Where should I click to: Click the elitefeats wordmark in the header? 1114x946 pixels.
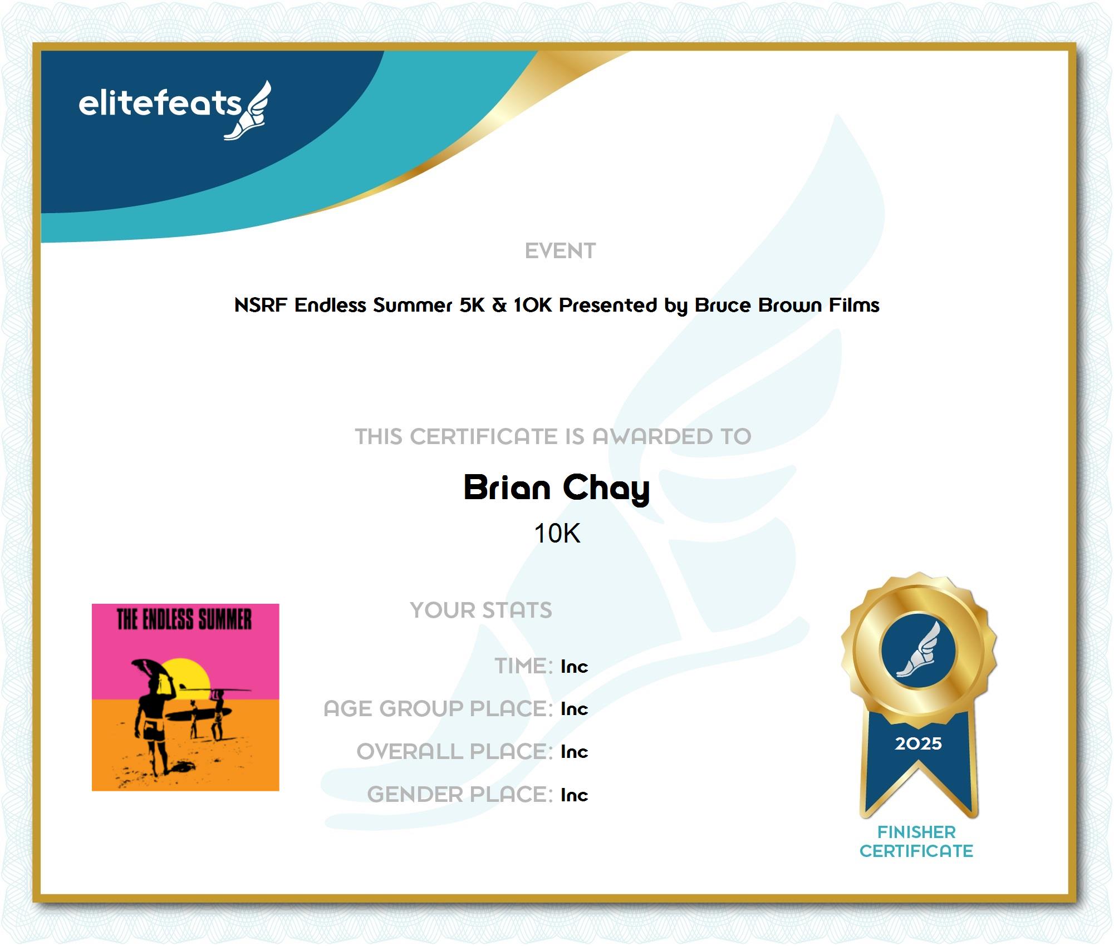tap(160, 104)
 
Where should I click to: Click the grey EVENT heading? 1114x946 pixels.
tap(560, 251)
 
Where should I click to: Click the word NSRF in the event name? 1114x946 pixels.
tap(261, 305)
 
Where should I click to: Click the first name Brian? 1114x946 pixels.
tap(507, 487)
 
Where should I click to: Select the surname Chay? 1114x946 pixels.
tap(606, 490)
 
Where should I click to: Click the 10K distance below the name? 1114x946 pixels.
tap(557, 533)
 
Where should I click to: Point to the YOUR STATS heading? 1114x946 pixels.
tap(481, 610)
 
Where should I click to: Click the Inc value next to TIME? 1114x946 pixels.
tap(574, 666)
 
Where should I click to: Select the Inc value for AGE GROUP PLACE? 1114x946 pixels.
tap(574, 708)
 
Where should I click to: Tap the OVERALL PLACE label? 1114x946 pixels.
tap(455, 751)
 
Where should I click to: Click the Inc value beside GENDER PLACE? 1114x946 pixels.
tap(574, 795)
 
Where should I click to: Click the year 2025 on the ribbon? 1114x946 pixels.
tap(918, 743)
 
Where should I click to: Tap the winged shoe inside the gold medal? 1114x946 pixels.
tap(918, 650)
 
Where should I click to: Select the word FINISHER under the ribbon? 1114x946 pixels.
tap(916, 832)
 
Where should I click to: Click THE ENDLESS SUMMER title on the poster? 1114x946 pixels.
tap(184, 619)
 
